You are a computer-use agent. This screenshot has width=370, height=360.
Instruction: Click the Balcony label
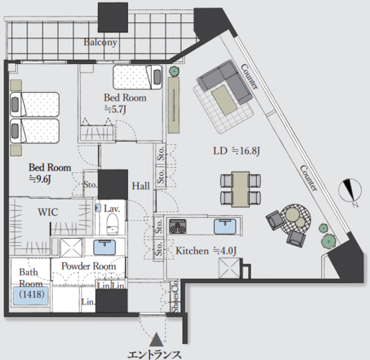100,42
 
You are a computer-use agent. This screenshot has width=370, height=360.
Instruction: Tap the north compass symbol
350,192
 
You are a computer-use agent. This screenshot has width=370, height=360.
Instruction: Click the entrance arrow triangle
157,340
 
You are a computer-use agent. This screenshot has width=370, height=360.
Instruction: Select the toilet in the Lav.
112,224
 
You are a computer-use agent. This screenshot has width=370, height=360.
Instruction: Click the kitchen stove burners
178,226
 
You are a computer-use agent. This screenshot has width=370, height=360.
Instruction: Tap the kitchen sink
225,227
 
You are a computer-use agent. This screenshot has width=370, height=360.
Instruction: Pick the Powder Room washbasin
104,247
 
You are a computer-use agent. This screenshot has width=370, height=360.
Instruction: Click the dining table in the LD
240,189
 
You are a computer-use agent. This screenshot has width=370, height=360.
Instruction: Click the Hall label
141,186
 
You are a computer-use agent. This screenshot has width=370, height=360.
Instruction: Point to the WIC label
48,212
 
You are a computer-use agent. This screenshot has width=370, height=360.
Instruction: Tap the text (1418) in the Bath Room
32,294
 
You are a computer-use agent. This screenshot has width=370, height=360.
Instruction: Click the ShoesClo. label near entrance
176,296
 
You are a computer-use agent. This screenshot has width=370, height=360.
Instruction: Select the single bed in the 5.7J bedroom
137,77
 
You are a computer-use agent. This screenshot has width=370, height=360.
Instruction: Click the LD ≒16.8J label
237,151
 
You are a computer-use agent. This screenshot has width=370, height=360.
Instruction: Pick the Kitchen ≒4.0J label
206,251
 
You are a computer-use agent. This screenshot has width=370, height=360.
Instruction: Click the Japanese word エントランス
154,355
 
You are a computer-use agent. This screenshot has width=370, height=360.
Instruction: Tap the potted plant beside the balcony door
173,71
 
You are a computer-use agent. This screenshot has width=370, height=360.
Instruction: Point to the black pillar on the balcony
113,17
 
